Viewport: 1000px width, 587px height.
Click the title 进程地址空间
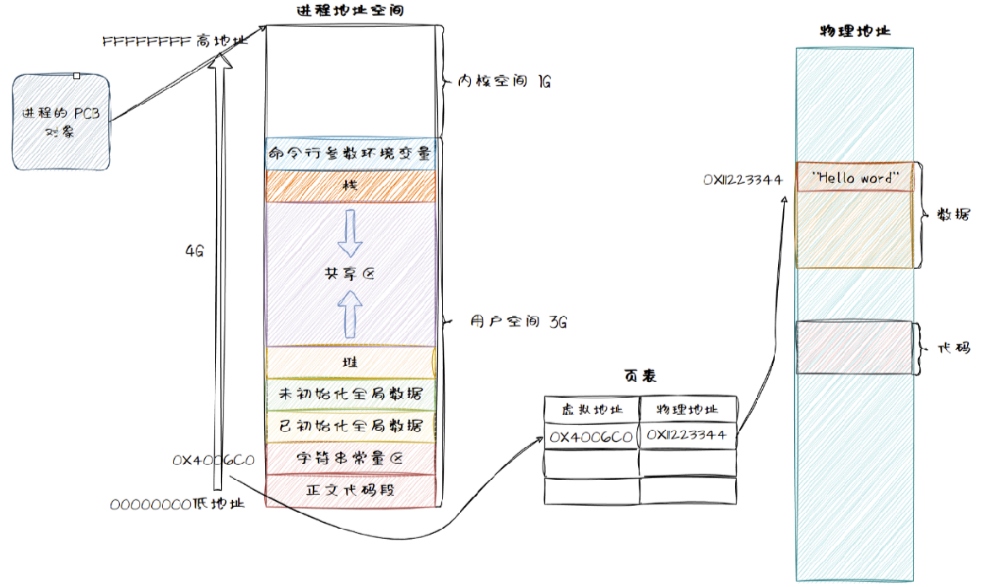(x=349, y=11)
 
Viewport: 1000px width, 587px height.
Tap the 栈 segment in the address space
(x=350, y=185)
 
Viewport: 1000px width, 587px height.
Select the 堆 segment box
(x=350, y=362)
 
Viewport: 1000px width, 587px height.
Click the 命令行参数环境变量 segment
(x=350, y=153)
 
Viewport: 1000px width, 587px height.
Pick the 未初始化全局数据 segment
(x=350, y=393)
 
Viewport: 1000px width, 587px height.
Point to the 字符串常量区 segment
(x=350, y=458)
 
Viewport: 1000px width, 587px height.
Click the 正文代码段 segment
(x=350, y=489)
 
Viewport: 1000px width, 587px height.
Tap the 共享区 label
(x=349, y=273)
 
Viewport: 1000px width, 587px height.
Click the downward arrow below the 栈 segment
(x=349, y=234)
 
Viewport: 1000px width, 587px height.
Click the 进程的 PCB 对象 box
(x=62, y=121)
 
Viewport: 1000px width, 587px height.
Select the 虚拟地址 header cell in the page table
(x=591, y=409)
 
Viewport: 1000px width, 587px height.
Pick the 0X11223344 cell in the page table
(x=688, y=436)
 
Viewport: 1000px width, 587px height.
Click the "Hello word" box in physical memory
(x=854, y=178)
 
